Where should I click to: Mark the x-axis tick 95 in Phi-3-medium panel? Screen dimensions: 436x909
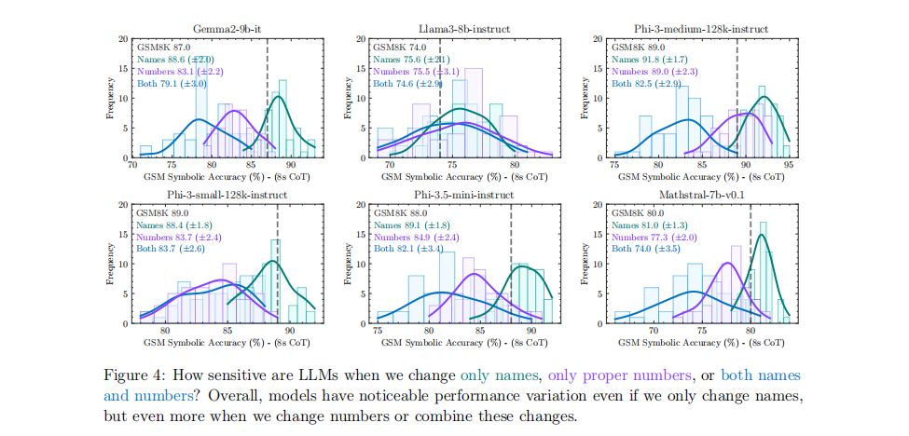coord(789,163)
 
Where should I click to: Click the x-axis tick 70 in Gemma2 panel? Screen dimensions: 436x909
coord(132,163)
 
